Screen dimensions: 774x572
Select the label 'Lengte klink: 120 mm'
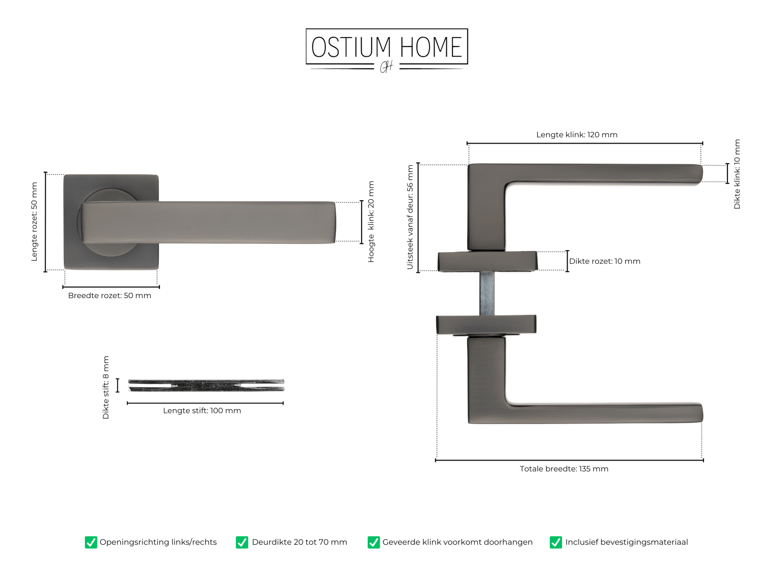point(577,134)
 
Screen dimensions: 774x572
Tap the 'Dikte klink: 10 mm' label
point(737,174)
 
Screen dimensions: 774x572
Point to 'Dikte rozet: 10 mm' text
point(605,261)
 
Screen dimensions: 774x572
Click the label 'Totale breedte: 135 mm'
point(564,469)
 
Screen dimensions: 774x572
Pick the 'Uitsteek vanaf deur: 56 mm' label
point(410,217)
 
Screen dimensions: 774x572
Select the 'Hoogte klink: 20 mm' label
point(371,221)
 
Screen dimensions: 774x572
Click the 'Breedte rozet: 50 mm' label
point(110,295)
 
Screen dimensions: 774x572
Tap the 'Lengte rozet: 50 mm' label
point(34,221)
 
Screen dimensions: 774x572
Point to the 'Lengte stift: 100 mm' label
point(202,411)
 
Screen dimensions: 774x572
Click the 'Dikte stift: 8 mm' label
point(105,387)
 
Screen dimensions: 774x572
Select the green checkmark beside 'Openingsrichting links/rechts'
point(91,542)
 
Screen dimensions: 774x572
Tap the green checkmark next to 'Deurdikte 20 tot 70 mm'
point(242,542)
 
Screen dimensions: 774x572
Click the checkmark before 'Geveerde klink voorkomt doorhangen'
point(373,542)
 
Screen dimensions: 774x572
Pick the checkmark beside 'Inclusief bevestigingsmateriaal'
point(556,542)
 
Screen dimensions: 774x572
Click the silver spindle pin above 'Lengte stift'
point(206,385)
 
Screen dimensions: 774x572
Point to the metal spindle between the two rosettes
point(487,293)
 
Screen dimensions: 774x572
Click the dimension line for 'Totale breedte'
point(569,460)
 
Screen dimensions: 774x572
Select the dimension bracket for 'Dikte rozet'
point(567,261)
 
